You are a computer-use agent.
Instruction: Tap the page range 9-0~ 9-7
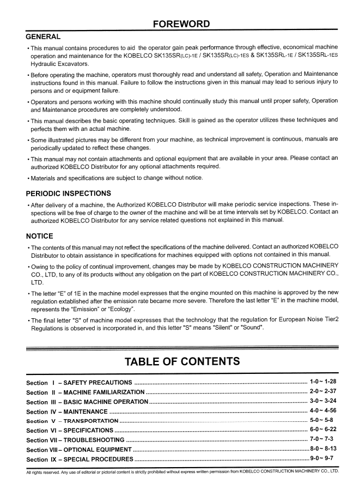click(325, 460)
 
